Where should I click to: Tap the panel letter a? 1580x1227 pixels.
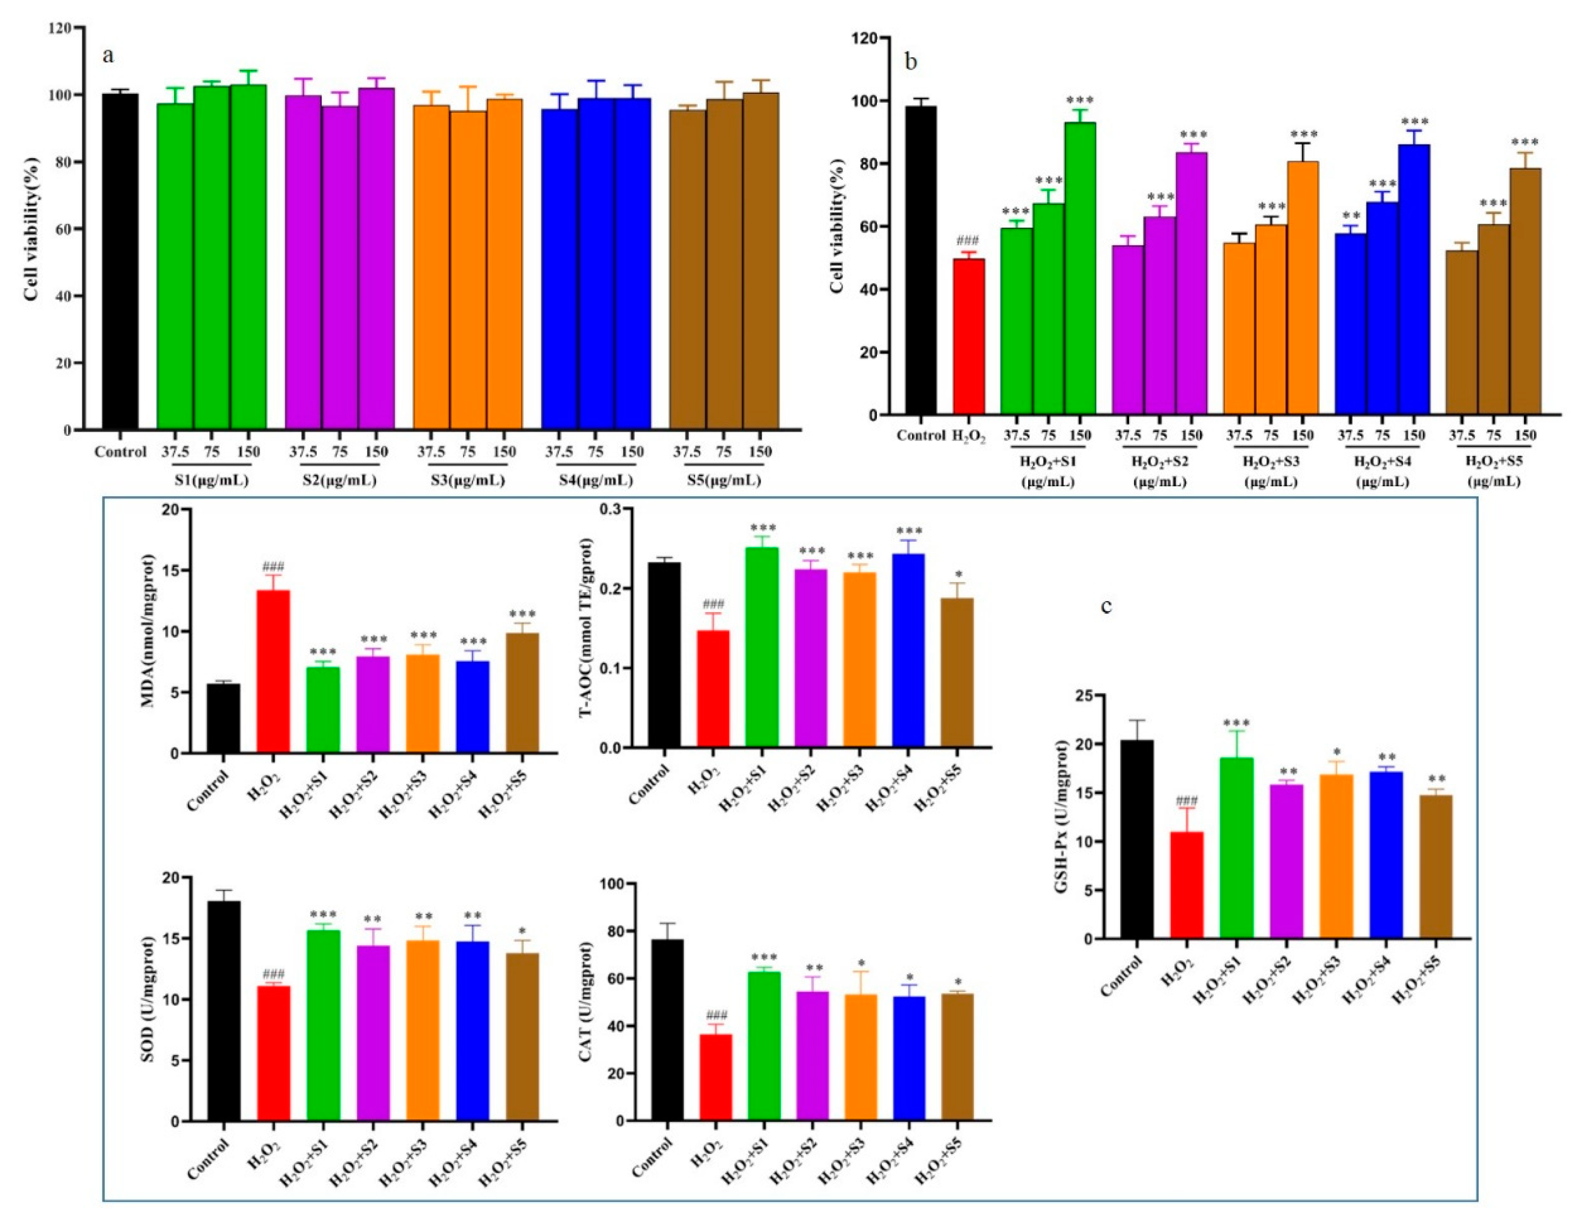tap(108, 56)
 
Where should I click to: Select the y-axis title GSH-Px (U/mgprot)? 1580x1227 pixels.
tap(1062, 817)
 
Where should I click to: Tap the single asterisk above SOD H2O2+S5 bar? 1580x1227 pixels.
tap(522, 930)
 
